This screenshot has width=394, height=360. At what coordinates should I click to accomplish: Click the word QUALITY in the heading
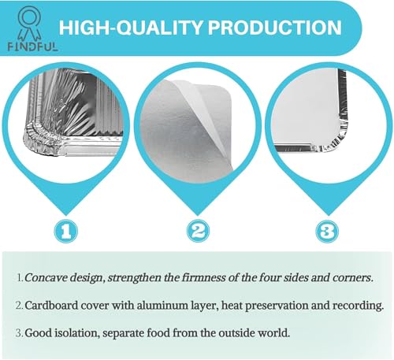point(160,28)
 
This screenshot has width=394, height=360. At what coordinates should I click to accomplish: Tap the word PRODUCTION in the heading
point(274,28)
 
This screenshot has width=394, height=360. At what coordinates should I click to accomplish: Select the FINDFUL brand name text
point(32,47)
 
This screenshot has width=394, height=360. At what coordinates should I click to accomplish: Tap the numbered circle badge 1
point(65,231)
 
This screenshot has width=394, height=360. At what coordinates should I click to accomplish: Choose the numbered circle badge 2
point(199,231)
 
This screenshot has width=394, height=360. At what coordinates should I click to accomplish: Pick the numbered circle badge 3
point(327,231)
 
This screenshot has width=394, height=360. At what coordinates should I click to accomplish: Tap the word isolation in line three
point(76,333)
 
